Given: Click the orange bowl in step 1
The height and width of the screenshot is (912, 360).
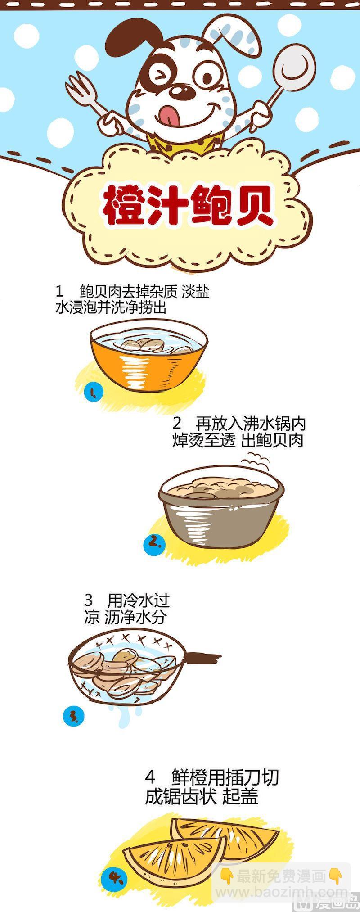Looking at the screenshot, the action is click(x=148, y=356).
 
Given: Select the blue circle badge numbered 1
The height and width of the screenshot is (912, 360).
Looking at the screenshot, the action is click(x=94, y=392).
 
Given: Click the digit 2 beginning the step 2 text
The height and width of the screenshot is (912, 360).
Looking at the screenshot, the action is click(x=177, y=424).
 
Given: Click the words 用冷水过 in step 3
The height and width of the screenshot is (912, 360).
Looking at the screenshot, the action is click(x=138, y=600).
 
